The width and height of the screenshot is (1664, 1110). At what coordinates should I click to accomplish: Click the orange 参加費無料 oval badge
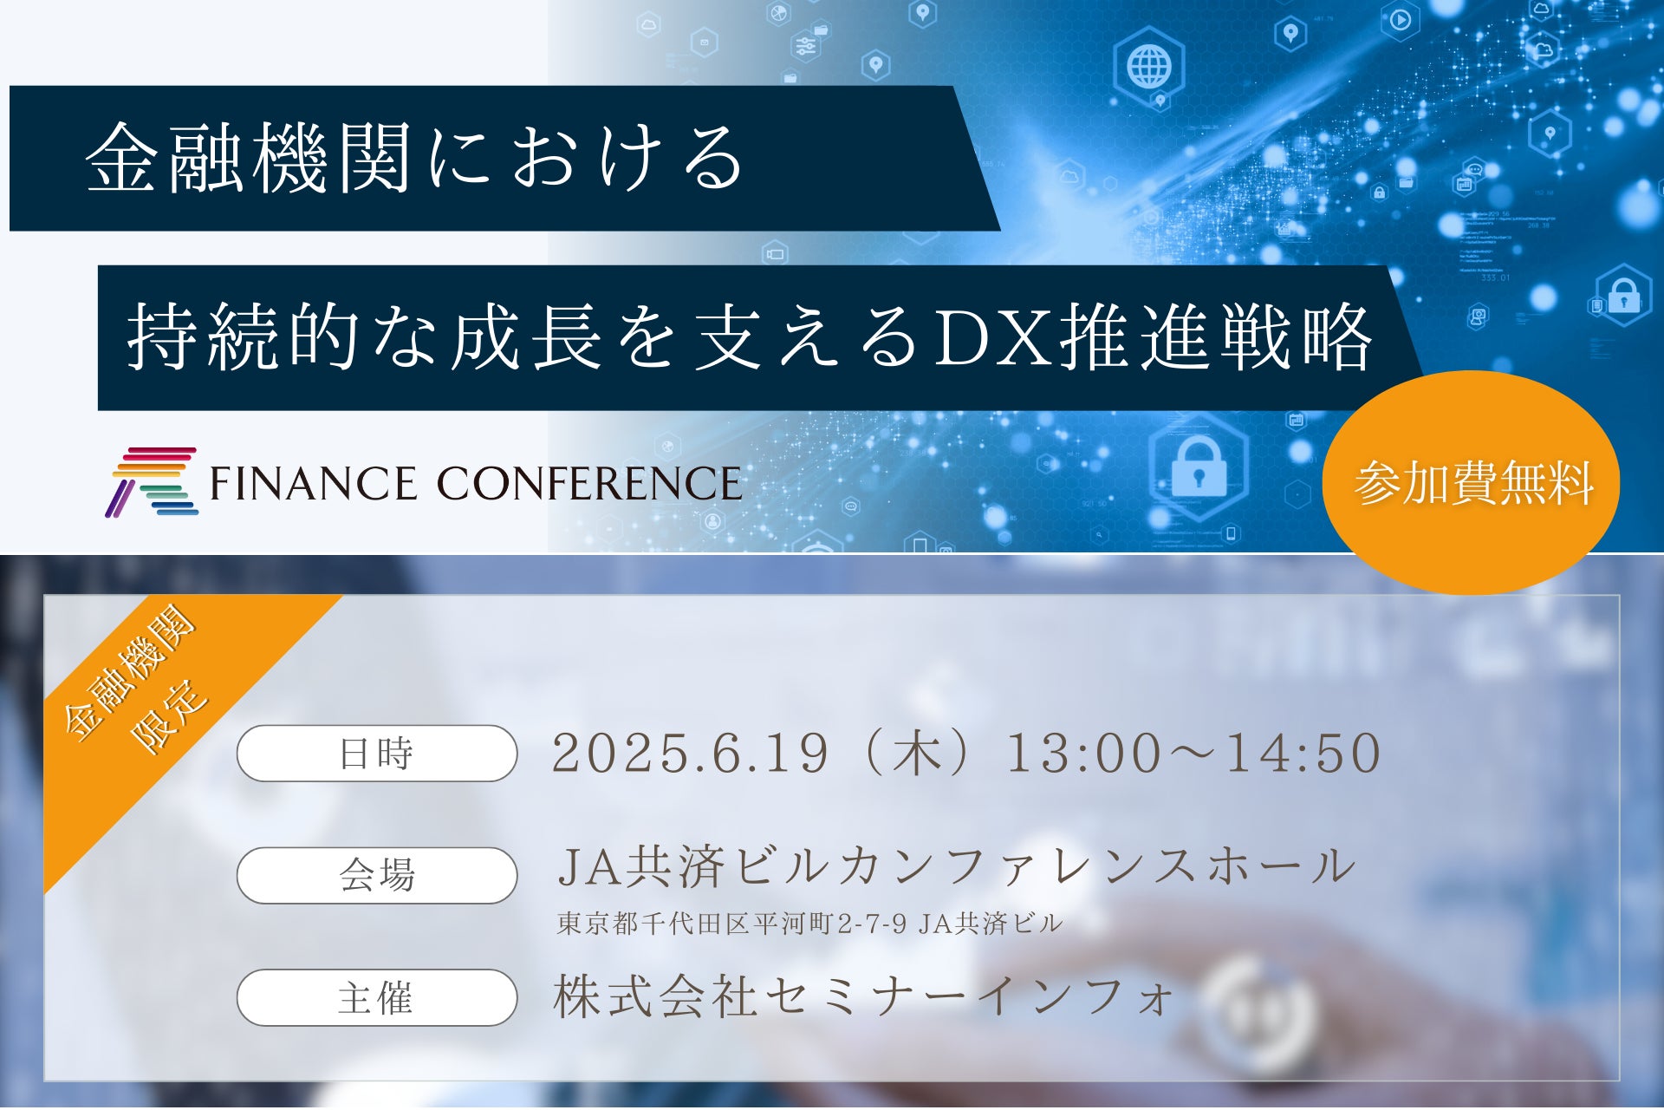[x=1471, y=482]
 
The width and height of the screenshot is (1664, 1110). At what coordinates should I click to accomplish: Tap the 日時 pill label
[x=377, y=754]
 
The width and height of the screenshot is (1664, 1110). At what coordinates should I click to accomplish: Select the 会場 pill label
[x=377, y=876]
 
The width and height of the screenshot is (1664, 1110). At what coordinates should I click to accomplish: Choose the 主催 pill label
[x=377, y=998]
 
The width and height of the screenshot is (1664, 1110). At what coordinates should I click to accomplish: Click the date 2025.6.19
[x=691, y=753]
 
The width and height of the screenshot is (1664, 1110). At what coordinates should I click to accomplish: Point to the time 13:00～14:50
[x=1193, y=753]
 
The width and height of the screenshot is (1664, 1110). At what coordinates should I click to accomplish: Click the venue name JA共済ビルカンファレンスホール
[x=957, y=866]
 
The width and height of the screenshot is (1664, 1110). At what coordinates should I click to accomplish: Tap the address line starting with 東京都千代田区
[x=809, y=924]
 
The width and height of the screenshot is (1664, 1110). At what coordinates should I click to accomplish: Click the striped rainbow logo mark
[x=152, y=482]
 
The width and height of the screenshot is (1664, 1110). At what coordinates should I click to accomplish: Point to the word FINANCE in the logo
[x=313, y=483]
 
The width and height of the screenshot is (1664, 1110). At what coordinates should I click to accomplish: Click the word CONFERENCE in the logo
[x=589, y=483]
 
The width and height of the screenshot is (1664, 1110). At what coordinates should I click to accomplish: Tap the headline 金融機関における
[x=414, y=158]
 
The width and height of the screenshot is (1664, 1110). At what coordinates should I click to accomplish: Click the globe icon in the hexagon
[x=1149, y=65]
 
